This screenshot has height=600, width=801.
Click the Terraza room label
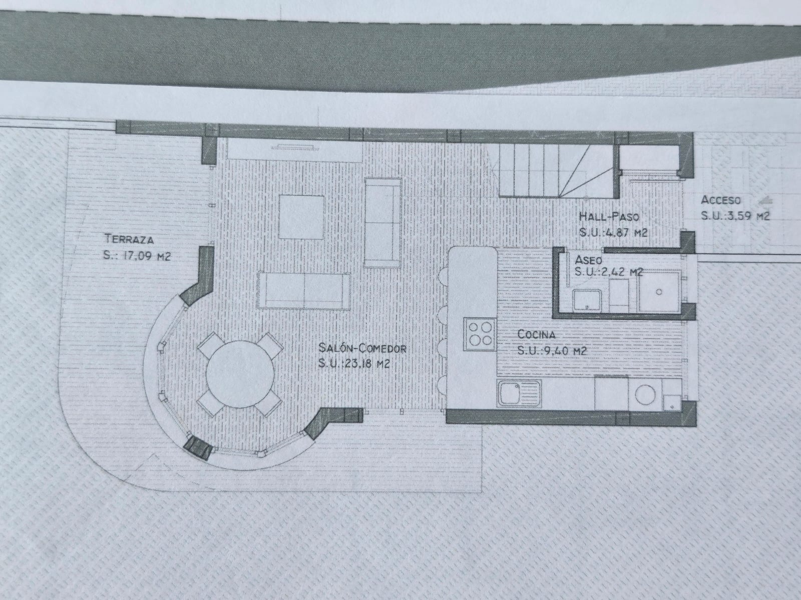coord(129,239)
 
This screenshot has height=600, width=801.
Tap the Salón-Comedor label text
coord(362,348)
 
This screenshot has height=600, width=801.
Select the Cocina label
coord(537,334)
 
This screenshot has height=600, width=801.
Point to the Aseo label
coord(588,259)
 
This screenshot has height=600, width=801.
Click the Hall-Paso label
coord(609,216)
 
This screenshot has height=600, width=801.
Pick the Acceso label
coord(721,200)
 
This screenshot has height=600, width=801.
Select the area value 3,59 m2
coord(747,216)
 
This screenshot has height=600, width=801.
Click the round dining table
coord(240,374)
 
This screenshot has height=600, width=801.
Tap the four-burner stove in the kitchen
coord(480,334)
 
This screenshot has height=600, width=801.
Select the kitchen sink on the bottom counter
coord(519,394)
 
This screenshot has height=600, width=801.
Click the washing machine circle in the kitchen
coord(645,394)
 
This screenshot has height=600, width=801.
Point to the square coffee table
coord(301,217)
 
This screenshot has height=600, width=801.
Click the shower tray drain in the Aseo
coord(659,292)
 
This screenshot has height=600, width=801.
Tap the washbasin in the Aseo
coord(587,300)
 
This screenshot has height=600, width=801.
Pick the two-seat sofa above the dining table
coord(304,290)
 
